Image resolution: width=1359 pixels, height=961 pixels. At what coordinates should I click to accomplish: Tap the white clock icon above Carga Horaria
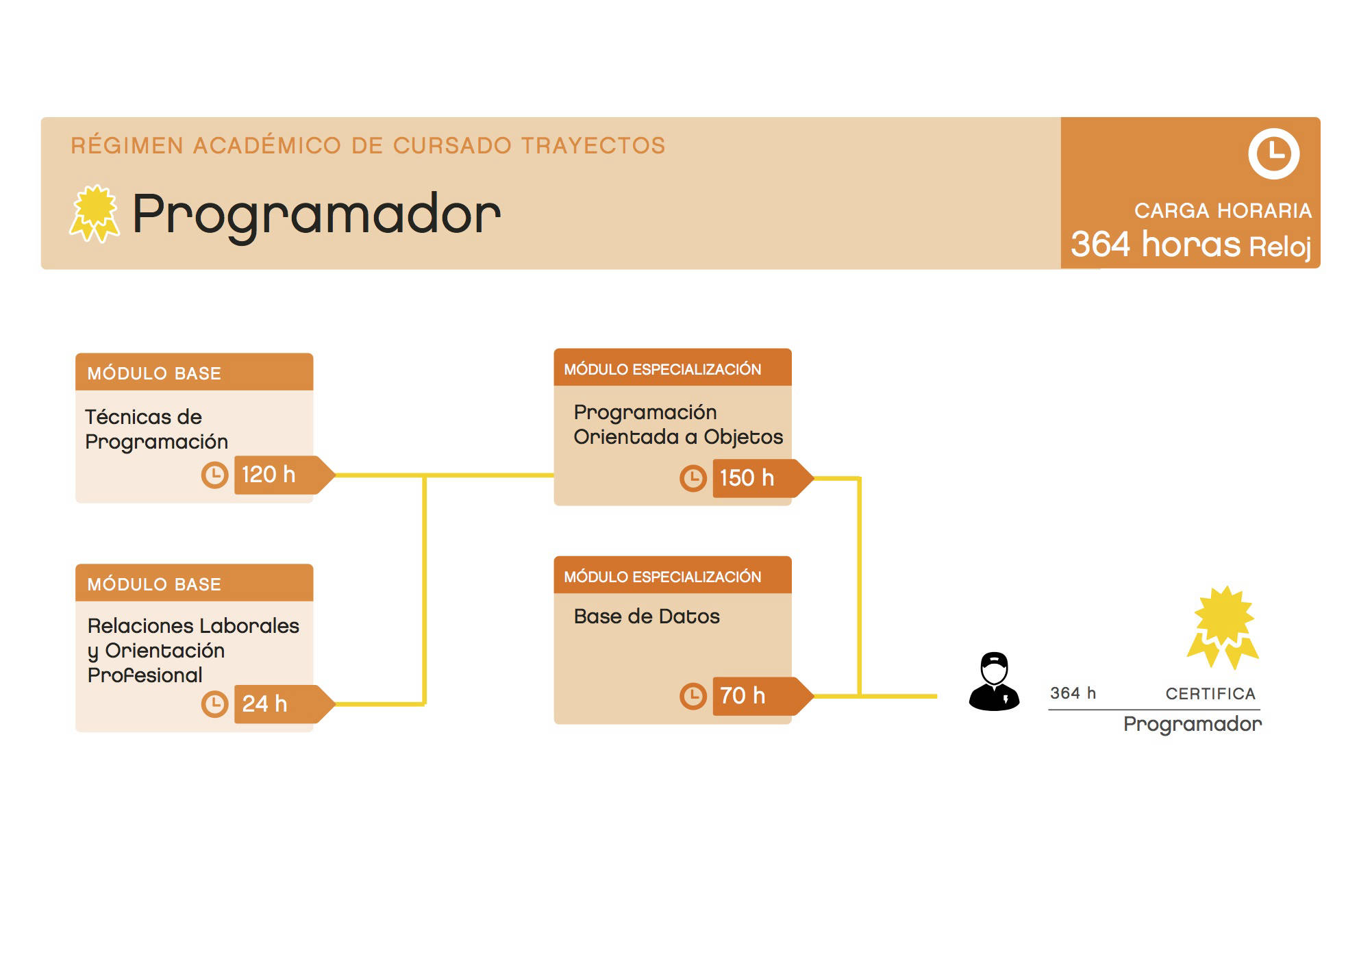coord(1273,153)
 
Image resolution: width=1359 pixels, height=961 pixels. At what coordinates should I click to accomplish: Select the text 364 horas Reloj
coord(1191,245)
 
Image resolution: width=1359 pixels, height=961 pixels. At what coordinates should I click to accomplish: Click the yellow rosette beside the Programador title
coord(95,214)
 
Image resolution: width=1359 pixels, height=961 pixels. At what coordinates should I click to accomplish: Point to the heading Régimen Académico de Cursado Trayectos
coord(369,145)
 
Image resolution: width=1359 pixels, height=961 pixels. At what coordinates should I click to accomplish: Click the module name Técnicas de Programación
coord(156,429)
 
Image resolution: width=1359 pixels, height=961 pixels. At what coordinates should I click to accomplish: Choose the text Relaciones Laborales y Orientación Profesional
coord(193,650)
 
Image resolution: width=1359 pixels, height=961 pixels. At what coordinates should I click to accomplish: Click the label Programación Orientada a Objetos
coord(678,425)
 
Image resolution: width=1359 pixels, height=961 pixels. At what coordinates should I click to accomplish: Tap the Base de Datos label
coord(647,616)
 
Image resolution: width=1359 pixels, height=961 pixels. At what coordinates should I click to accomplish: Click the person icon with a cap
coord(994,681)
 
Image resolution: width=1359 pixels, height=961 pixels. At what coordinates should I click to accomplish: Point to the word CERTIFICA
coord(1210,694)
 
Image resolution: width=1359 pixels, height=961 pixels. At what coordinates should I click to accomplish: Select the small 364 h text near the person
coord(1073,693)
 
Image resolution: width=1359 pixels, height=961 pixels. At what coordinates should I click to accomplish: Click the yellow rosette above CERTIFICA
coord(1223,627)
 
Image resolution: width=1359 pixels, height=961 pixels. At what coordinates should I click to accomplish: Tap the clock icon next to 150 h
coord(693,478)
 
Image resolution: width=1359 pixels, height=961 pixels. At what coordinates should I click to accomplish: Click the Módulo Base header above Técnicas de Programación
coord(195,373)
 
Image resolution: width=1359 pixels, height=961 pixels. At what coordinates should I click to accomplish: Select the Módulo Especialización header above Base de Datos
coord(673,576)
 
